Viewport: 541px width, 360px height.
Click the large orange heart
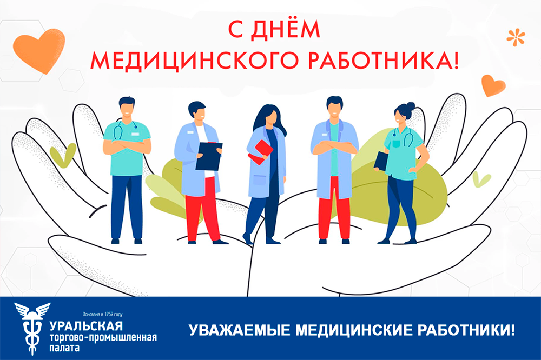coord(38,50)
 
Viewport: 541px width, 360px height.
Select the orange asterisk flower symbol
coord(516,37)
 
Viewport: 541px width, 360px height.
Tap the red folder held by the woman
coord(261,152)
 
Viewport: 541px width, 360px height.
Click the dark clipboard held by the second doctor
coord(209,156)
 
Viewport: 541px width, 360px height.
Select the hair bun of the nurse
coord(411,105)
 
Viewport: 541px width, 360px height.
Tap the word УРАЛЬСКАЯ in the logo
coord(86,325)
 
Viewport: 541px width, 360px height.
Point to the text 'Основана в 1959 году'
coord(102,314)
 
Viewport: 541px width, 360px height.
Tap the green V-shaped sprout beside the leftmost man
coord(63,155)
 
